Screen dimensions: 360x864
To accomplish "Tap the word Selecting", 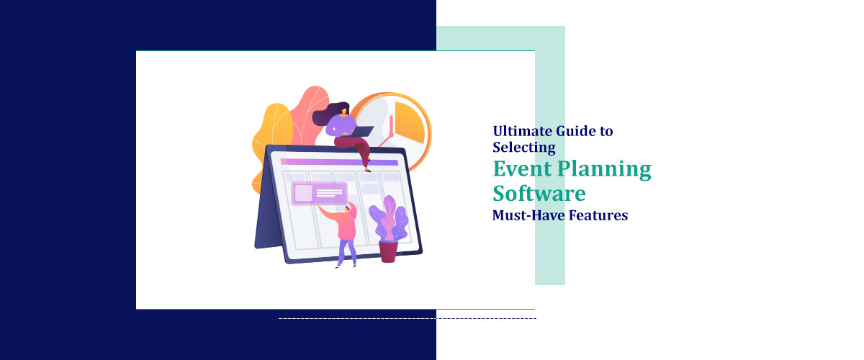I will [524, 148].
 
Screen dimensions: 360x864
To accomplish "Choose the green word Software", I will [539, 193].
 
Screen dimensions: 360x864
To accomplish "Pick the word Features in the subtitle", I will [598, 215].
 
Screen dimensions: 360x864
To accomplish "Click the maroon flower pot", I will [388, 251].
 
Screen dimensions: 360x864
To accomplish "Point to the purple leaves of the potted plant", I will [388, 216].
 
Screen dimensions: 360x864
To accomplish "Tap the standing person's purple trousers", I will [347, 251].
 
